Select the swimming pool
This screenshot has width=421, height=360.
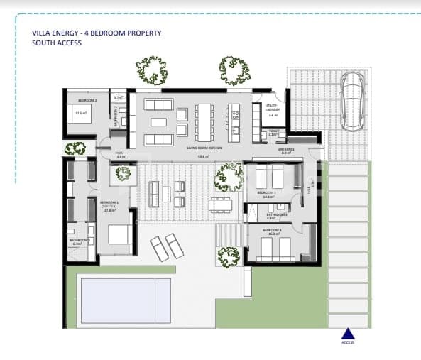[126, 299]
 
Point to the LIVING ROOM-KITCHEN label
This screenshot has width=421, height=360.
[204, 148]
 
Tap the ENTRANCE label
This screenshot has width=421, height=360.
[287, 148]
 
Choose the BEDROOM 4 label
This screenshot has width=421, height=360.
[273, 231]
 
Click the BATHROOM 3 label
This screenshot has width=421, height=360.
[276, 214]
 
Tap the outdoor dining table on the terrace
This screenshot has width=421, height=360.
[220, 204]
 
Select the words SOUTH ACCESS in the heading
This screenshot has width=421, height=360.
[57, 43]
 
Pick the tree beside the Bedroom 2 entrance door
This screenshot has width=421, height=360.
[75, 148]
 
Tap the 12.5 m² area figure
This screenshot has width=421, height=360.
[80, 112]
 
